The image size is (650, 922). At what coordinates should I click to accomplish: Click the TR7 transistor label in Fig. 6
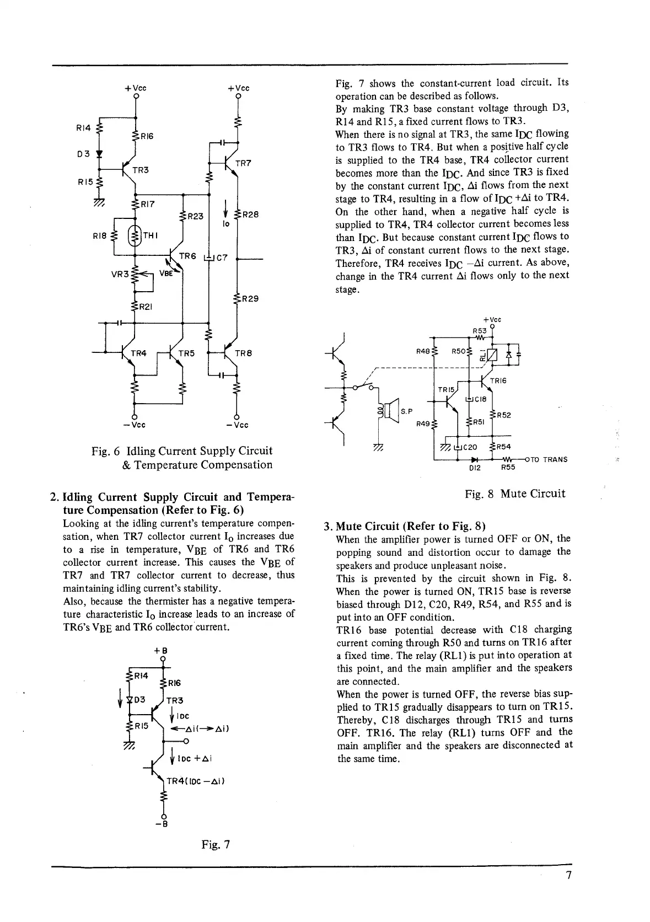tap(243, 163)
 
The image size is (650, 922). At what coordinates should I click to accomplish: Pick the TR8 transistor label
tap(243, 353)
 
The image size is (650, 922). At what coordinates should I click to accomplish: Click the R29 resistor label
tap(250, 299)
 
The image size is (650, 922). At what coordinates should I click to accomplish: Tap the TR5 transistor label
tap(186, 353)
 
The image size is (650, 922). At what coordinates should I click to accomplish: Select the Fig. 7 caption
tap(215, 844)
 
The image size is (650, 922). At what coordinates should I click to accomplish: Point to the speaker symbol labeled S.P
tap(391, 411)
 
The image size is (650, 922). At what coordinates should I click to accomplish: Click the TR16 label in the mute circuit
tap(498, 380)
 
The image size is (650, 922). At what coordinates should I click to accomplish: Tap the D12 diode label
tap(475, 468)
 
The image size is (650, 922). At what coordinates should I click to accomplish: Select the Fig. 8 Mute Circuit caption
tap(515, 494)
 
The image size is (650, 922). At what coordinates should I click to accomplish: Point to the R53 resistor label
tap(479, 330)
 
